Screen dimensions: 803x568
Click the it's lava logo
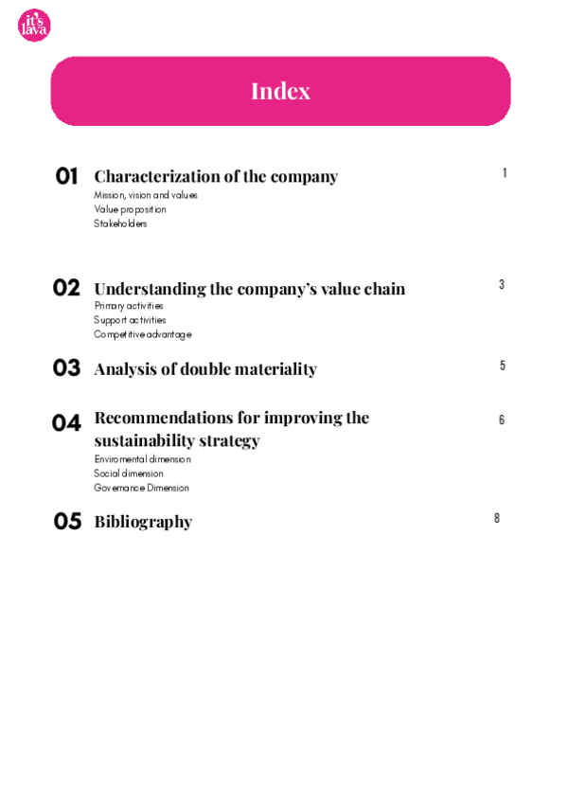pyautogui.click(x=34, y=26)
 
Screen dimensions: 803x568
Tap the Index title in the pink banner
pyautogui.click(x=280, y=91)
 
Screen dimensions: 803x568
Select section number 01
pyautogui.click(x=66, y=176)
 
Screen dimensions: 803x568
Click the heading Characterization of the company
pyautogui.click(x=216, y=177)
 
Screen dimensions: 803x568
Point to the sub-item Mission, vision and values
pyautogui.click(x=146, y=195)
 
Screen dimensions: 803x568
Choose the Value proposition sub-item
pyautogui.click(x=130, y=209)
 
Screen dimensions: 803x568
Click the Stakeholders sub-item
pyautogui.click(x=120, y=223)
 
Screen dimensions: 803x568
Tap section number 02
pyautogui.click(x=66, y=288)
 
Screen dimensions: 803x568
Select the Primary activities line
pyautogui.click(x=129, y=306)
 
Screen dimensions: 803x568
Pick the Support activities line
pyautogui.click(x=130, y=320)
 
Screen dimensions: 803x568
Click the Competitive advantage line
pyautogui.click(x=142, y=334)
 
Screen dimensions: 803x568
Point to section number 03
pyautogui.click(x=66, y=368)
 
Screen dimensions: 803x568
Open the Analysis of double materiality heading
pyautogui.click(x=205, y=369)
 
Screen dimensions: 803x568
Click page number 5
pyautogui.click(x=503, y=366)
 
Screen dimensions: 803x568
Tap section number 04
pyautogui.click(x=66, y=423)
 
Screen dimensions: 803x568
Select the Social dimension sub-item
pyautogui.click(x=129, y=473)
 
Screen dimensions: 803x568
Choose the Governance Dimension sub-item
pyautogui.click(x=141, y=488)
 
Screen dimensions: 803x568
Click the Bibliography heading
pyautogui.click(x=143, y=522)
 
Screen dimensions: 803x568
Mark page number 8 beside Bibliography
pyautogui.click(x=497, y=518)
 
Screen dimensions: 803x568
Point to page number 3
pyautogui.click(x=502, y=284)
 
